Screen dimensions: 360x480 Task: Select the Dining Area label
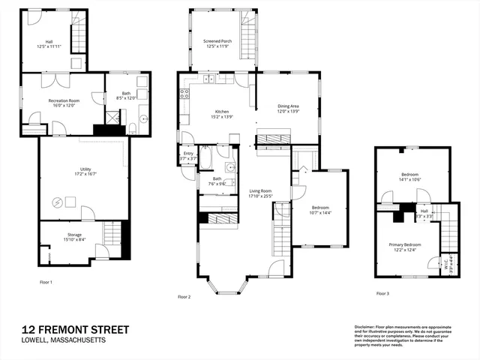(288, 106)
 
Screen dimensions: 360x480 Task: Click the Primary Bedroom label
(404, 245)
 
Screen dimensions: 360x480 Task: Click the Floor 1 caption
(46, 283)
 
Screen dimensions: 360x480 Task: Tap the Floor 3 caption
(382, 293)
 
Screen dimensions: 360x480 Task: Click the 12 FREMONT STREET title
(75, 329)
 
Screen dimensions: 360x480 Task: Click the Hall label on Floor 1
(49, 42)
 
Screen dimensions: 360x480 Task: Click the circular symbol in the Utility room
(58, 201)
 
